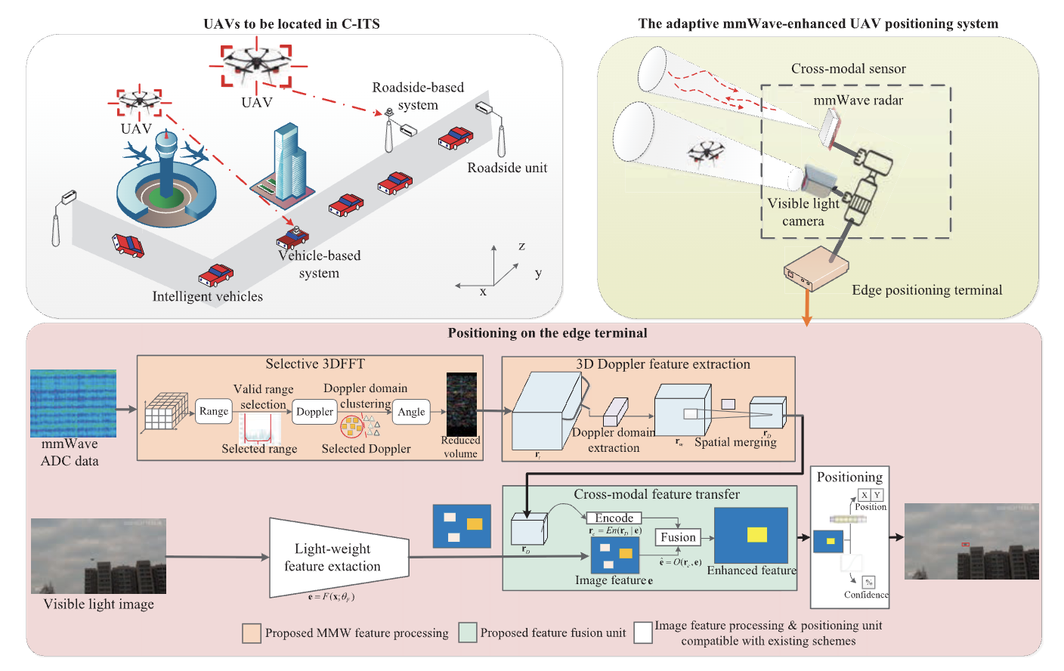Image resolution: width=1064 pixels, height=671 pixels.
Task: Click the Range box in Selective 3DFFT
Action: click(x=213, y=412)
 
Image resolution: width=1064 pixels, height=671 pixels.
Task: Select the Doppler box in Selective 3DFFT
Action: click(x=314, y=412)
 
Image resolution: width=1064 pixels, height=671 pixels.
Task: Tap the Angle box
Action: click(x=411, y=412)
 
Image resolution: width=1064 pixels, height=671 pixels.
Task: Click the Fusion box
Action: click(x=678, y=537)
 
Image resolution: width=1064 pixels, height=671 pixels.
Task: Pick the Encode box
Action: click(x=614, y=518)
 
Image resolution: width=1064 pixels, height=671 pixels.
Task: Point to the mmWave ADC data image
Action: click(x=73, y=404)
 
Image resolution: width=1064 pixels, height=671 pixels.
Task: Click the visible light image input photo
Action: click(x=98, y=556)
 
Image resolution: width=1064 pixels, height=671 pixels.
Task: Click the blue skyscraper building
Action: click(x=289, y=162)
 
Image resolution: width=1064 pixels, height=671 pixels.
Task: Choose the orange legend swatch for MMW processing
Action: click(x=252, y=632)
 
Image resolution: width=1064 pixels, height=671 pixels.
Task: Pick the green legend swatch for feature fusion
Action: click(x=468, y=632)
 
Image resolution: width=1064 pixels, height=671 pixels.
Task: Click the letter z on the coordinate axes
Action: click(x=521, y=246)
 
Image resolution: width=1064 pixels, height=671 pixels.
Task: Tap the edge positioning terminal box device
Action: click(x=815, y=269)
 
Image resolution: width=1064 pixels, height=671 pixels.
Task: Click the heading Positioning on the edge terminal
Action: click(x=547, y=333)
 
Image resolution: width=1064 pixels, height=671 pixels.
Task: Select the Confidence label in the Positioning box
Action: click(x=866, y=595)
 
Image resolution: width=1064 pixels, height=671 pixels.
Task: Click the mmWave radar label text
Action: click(x=858, y=100)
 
